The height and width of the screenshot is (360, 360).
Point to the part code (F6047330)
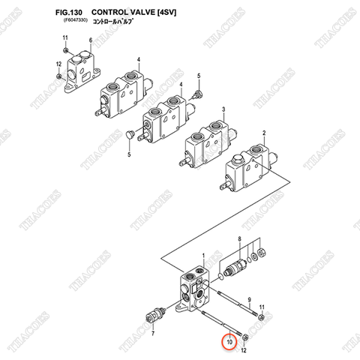pos(73,22)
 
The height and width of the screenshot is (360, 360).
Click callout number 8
pos(238,238)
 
